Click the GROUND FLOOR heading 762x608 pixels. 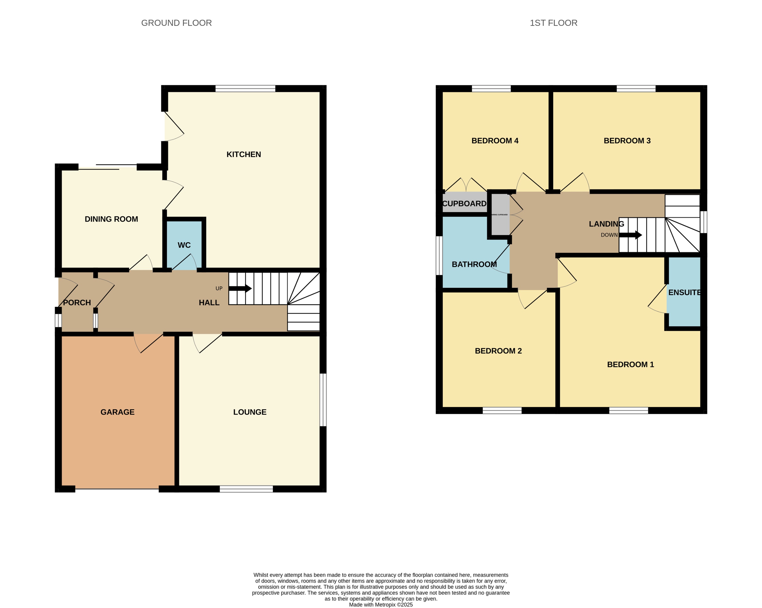[176, 23]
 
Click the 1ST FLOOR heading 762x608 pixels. [553, 23]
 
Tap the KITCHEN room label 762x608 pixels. [244, 154]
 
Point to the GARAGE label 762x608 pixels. [117, 412]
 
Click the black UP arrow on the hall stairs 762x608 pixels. [240, 289]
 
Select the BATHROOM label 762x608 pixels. [474, 264]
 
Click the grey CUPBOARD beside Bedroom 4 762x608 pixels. [464, 203]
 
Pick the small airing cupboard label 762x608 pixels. [499, 215]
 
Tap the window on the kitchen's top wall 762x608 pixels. [245, 88]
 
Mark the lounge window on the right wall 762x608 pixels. [323, 400]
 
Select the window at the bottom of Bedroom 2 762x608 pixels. [502, 410]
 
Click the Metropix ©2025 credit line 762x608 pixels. [381, 604]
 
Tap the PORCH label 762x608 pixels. [77, 303]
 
